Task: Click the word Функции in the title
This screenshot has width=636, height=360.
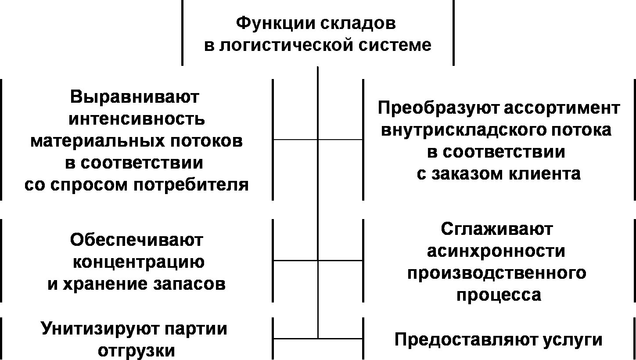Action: click(275, 23)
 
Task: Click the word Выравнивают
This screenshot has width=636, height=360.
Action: click(134, 97)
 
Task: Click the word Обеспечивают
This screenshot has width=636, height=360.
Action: click(136, 241)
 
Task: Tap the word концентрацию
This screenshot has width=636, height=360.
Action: click(139, 263)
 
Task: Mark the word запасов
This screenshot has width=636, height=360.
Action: click(189, 284)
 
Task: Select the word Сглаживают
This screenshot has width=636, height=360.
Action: click(497, 230)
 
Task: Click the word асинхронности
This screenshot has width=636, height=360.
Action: click(496, 252)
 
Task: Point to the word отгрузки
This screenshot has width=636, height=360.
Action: click(136, 351)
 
